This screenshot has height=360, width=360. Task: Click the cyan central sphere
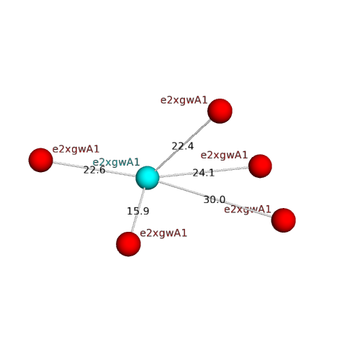148,178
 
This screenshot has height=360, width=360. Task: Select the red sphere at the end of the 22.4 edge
220,111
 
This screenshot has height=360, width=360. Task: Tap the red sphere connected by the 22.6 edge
40,160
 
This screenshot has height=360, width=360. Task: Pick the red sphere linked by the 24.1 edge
260,166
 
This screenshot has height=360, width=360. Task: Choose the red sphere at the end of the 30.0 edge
284,220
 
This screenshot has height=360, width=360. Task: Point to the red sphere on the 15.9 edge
128,244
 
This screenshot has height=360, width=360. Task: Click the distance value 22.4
182,146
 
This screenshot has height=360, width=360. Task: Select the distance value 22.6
94,170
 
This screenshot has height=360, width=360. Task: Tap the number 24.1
204,173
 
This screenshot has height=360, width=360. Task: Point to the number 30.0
215,199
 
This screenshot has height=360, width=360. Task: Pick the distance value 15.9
138,211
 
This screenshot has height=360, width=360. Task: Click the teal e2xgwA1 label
116,162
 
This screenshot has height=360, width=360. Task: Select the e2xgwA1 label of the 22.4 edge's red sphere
184,100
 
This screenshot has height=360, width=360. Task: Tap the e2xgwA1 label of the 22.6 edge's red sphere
76,149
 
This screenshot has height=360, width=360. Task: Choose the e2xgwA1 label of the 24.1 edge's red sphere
224,155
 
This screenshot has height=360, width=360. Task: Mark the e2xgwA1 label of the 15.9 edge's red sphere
163,233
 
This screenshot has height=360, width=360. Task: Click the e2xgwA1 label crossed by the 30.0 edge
248,210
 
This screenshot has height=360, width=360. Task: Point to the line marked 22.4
183,145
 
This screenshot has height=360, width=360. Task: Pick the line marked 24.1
204,172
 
